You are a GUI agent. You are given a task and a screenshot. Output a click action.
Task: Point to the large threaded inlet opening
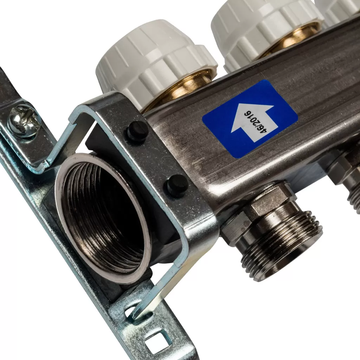(x=103, y=218)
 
